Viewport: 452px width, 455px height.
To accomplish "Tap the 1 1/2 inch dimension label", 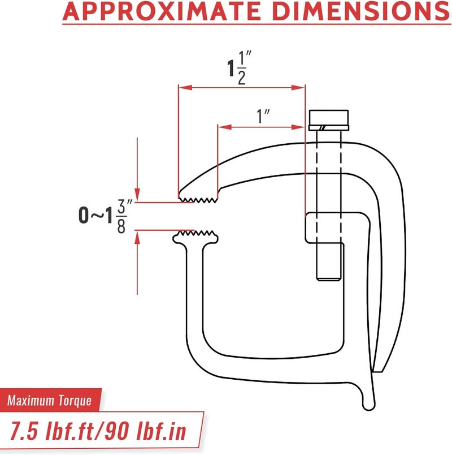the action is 240,67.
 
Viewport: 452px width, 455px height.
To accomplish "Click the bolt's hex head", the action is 329,118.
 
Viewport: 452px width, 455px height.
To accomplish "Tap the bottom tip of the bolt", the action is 328,280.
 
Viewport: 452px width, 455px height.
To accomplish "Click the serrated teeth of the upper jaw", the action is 198,200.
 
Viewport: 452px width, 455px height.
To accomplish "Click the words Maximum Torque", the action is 49,401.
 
